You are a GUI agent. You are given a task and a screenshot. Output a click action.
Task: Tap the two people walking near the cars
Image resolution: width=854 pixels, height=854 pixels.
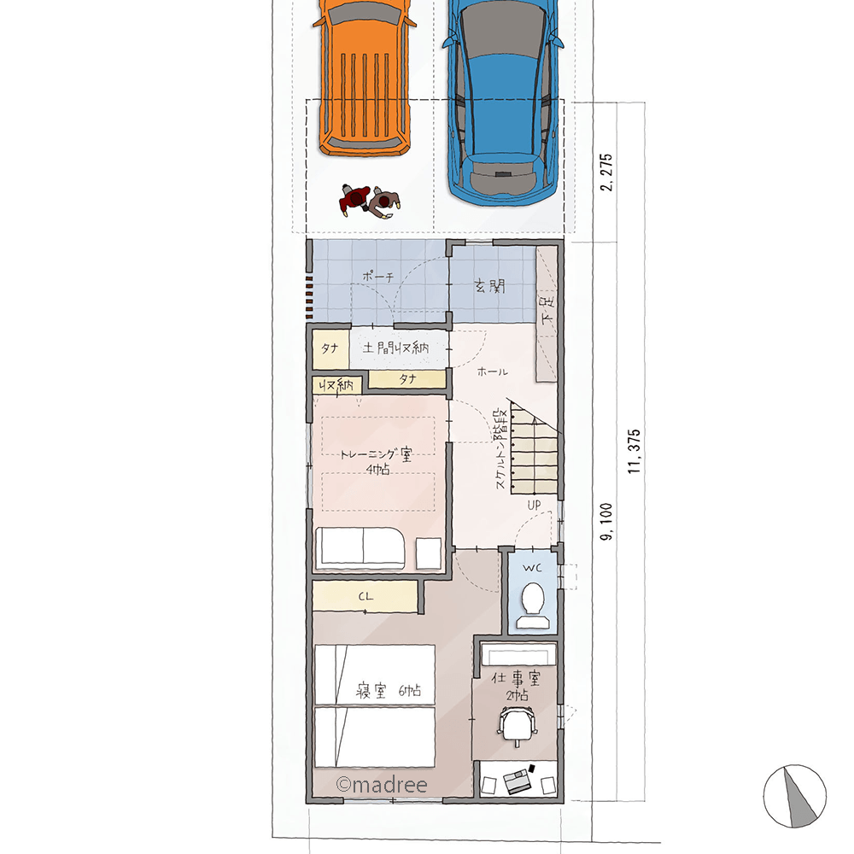point(371,201)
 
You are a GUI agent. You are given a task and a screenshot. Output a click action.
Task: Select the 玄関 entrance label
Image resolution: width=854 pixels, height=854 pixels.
point(490,286)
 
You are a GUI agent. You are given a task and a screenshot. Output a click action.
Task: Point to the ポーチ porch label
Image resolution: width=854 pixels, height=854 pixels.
point(378,277)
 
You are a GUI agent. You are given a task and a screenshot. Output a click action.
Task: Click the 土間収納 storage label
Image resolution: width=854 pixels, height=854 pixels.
point(396,348)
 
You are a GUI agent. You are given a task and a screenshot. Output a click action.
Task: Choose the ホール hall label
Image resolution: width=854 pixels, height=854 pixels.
point(493,371)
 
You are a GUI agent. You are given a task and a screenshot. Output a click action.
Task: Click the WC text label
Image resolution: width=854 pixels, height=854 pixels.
point(532,568)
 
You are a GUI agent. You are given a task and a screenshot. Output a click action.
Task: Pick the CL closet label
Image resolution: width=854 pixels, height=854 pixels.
point(366,596)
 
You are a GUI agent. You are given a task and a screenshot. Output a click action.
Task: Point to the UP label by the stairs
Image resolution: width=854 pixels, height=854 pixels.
point(534,505)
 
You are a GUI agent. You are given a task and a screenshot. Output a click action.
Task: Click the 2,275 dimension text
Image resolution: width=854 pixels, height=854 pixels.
point(606,173)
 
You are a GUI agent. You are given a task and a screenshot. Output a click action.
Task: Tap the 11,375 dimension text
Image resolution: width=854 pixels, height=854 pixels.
point(634,451)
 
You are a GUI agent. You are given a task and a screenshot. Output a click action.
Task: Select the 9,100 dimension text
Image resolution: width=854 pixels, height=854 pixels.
point(606,521)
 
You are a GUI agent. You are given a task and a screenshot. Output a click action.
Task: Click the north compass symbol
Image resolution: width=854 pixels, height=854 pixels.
point(794,796)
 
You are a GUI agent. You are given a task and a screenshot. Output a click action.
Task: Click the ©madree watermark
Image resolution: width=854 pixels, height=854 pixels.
point(381,784)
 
